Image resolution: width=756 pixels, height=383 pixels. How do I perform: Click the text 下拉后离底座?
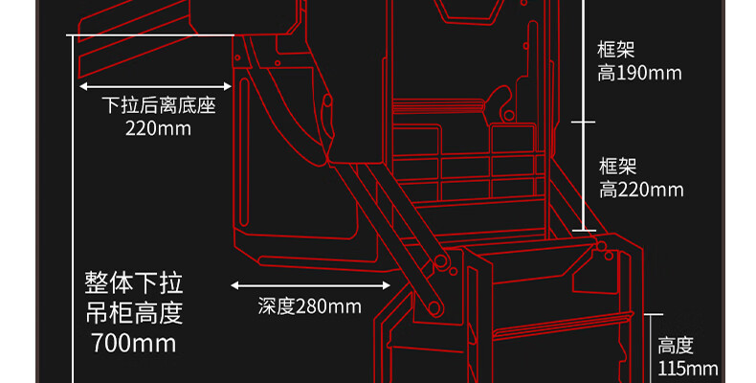(x=158, y=104)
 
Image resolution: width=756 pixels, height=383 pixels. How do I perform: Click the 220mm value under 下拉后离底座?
(x=158, y=127)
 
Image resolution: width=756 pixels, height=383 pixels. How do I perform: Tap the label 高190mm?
(x=639, y=74)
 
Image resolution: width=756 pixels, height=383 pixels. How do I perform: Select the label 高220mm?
(x=641, y=190)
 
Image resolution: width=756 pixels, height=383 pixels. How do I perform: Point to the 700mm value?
(x=133, y=343)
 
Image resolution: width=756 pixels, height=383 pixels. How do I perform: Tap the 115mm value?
(x=688, y=369)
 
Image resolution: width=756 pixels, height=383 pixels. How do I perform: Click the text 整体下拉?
(x=133, y=283)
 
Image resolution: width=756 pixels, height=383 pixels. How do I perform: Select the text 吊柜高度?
(x=133, y=313)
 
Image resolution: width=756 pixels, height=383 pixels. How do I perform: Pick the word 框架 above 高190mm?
(x=616, y=50)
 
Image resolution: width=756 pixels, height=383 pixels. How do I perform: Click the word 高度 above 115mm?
(x=676, y=346)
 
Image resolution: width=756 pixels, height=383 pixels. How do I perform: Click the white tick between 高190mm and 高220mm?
(x=583, y=122)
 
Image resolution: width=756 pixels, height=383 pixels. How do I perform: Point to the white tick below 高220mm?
(x=583, y=230)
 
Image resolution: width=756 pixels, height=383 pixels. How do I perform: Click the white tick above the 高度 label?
(x=654, y=313)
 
